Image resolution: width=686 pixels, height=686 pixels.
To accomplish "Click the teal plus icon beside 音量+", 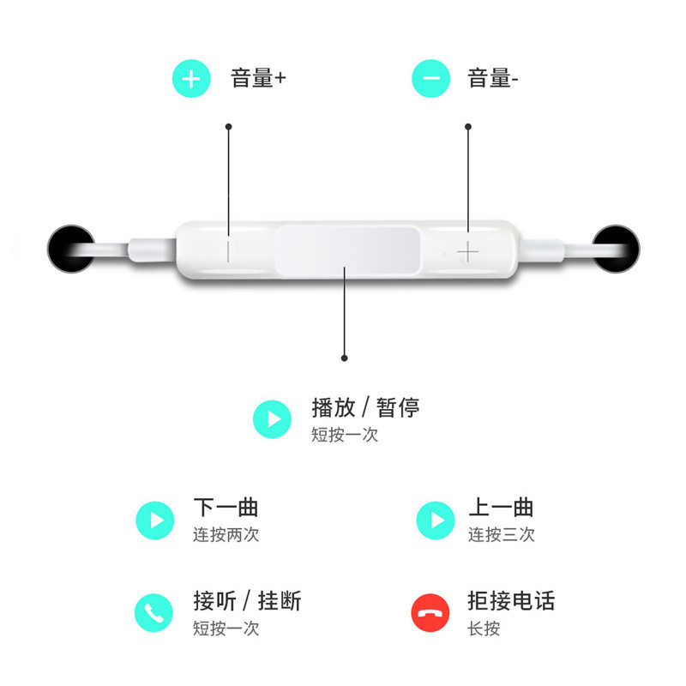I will tap(191, 79).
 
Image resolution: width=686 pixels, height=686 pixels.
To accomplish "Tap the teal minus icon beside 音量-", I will tap(431, 79).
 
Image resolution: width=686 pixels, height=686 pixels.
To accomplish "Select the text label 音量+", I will tap(258, 79).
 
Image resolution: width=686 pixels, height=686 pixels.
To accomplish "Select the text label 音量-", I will tap(493, 79).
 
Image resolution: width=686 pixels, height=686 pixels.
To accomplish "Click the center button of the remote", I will tap(347, 251).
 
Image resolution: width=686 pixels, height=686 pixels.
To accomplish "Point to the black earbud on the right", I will tap(617, 250).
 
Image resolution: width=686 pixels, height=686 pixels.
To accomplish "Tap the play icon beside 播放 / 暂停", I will tap(274, 419).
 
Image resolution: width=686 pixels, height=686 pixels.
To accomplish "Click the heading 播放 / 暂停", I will tap(365, 406).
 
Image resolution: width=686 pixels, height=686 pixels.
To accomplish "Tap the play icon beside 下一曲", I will tap(155, 520).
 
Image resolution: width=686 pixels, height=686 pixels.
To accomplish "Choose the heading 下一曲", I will tap(226, 507).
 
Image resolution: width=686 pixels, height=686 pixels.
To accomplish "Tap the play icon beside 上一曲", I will tap(436, 520).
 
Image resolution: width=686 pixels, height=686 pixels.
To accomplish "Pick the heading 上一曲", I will tap(501, 507).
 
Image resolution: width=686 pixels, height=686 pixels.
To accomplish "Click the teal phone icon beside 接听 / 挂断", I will tap(154, 613).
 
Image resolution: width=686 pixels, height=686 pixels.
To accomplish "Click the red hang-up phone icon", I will tap(430, 613).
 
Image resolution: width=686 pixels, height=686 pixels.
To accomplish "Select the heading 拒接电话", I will tap(511, 600).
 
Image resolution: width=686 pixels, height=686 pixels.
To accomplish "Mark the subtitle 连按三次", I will tap(501, 535).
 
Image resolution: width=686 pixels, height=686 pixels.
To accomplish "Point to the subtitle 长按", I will tap(484, 629).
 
